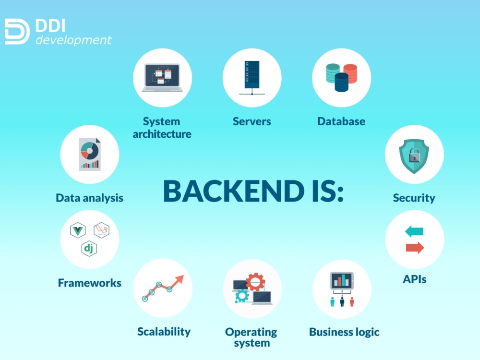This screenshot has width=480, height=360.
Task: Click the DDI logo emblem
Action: pos(17,32)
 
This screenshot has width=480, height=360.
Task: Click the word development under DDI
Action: pos(73,40)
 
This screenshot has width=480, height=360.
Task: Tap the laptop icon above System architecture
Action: pos(162,78)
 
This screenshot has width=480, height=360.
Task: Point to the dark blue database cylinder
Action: pos(342,83)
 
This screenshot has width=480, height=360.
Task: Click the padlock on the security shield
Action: pos(415,155)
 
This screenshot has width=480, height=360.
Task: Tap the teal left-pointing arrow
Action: pos(414,231)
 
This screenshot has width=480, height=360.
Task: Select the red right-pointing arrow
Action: pos(415,248)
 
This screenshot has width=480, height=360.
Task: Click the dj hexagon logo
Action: pos(89,248)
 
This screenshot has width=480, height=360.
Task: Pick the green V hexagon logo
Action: pos(78,230)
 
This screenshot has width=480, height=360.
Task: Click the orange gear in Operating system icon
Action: pos(255,282)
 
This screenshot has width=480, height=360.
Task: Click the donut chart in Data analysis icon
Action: pos(90,151)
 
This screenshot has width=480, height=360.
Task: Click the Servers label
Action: pos(252,121)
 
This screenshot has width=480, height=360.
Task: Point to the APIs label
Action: pos(415,279)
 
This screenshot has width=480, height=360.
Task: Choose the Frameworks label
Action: pos(90,283)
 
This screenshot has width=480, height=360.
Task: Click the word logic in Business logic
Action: pos(367,333)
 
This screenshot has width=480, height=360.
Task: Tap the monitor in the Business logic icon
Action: pos(342,280)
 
